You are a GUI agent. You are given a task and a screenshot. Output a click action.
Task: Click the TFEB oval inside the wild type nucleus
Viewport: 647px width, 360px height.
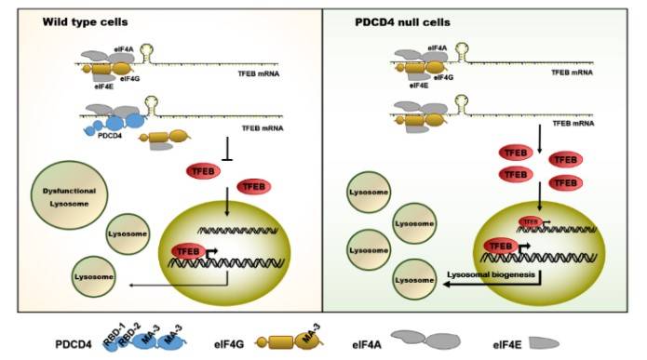[186, 249]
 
